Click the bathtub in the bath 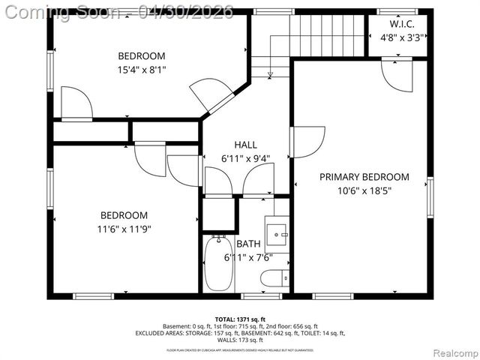(x=219, y=264)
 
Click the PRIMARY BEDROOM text (x=364, y=177)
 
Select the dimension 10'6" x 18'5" (x=364, y=190)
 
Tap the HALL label (x=245, y=145)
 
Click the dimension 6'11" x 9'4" (x=245, y=158)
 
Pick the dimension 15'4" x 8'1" (x=141, y=70)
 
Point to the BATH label (x=248, y=244)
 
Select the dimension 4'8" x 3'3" (x=398, y=35)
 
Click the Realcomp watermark (x=452, y=352)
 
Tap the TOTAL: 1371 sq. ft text (x=241, y=319)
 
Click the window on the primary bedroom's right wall (x=430, y=196)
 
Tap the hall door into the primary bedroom (x=307, y=142)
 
